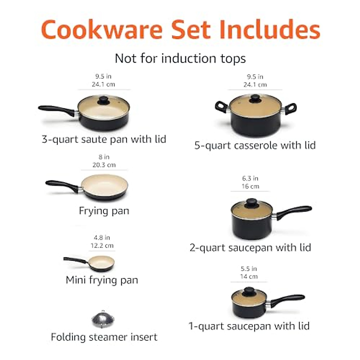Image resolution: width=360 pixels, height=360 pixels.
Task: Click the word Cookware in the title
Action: (102, 30)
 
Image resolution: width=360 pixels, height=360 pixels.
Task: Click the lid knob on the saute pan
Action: (103, 100)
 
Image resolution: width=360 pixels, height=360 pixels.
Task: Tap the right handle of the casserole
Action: (290, 108)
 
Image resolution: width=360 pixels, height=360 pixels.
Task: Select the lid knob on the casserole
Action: (255, 98)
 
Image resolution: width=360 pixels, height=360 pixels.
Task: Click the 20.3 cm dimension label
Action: (104, 165)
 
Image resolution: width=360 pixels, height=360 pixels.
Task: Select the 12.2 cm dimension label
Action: (102, 245)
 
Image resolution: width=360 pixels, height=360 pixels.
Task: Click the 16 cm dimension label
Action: (250, 186)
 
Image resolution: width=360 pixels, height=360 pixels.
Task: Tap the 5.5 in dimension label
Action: (249, 268)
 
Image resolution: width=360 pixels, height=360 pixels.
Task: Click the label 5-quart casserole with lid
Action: (255, 145)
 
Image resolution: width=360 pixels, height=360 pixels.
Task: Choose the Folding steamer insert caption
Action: (104, 337)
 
